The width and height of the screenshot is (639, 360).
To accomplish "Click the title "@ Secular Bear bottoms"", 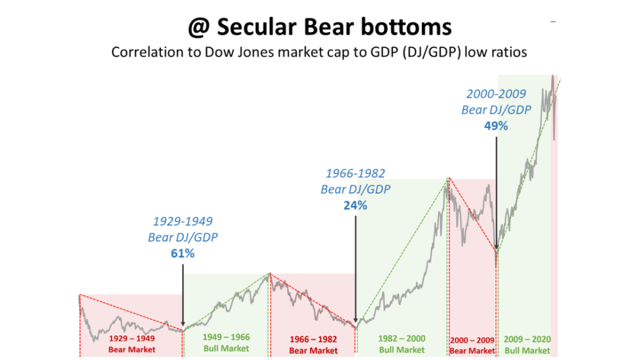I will point(319,27).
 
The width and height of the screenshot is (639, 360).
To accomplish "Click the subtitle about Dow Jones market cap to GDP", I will point(319,52).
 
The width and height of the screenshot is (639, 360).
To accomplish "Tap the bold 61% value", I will point(183,253).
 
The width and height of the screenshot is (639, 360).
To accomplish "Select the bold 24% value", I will point(355,206).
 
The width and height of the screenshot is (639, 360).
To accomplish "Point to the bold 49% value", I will point(496,126).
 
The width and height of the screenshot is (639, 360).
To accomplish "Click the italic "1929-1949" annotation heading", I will point(183,221).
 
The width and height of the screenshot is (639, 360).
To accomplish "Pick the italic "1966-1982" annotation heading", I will point(355,173).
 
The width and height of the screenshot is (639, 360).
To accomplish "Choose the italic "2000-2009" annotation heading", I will point(496,94).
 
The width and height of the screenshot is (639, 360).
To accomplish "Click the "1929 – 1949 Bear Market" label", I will point(132,343).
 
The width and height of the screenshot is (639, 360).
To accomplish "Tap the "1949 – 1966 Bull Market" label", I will point(226,343).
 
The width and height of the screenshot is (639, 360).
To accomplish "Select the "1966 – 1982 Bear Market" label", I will point(313,343).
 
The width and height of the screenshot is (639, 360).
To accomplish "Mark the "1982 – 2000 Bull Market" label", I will point(401,343).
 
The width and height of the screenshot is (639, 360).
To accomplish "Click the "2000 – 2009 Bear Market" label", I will point(473,343).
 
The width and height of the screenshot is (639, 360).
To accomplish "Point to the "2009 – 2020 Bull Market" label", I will point(527,343).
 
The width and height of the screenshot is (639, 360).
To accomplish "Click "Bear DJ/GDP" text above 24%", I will point(355,189).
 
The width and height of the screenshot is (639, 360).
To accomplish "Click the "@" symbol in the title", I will point(198,27).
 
